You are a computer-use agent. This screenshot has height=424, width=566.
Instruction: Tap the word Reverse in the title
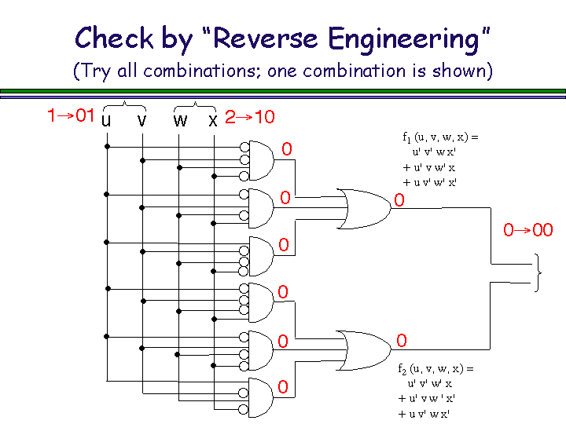266,38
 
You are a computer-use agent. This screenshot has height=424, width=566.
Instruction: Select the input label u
106,120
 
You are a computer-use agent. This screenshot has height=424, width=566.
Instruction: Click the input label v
141,120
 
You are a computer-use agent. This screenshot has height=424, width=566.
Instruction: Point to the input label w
180,120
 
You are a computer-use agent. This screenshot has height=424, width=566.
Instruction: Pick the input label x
213,120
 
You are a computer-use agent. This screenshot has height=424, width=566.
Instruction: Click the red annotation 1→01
71,115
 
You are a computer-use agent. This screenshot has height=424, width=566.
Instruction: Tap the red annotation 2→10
250,117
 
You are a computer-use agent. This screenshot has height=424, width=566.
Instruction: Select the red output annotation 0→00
528,230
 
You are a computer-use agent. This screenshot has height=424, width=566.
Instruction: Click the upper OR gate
365,208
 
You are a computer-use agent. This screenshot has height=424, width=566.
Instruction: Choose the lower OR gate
365,350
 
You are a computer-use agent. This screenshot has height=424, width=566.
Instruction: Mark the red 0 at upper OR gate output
399,200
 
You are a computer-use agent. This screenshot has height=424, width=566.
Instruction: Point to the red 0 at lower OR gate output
402,341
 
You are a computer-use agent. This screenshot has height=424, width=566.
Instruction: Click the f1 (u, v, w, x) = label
440,137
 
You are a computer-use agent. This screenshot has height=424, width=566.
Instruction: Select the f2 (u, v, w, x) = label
436,369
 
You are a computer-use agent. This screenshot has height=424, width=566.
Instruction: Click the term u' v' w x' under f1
434,152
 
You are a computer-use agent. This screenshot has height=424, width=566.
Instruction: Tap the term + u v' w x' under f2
424,414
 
